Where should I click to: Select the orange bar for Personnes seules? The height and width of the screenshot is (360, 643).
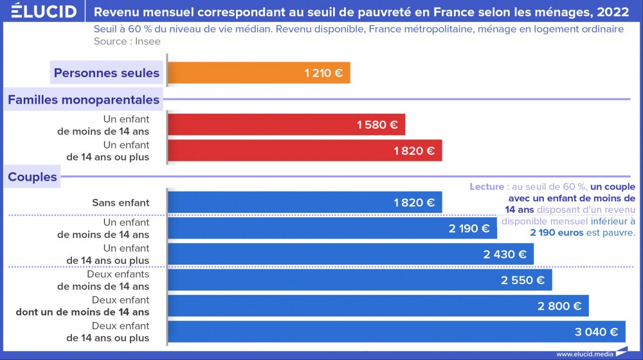coord(257,73)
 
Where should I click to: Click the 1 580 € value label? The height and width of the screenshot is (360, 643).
coord(377,125)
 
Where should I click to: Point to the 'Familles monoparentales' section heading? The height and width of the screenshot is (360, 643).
coord(83,100)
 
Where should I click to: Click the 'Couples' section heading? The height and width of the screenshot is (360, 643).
coord(32,177)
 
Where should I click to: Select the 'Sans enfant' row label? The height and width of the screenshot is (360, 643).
coord(120,203)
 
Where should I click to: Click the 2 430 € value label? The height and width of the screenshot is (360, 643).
coord(505,255)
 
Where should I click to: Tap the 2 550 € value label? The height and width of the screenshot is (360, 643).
coord(523,280)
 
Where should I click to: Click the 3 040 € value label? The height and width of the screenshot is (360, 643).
coord(596,332)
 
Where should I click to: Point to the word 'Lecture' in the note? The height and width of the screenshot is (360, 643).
coord(487,186)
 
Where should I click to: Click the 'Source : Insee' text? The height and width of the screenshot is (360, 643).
coord(127,41)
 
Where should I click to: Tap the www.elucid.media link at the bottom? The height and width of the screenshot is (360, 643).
coord(584,354)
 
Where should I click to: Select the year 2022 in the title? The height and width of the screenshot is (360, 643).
coord(612,12)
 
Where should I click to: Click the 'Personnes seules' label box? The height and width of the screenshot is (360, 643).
coord(106,73)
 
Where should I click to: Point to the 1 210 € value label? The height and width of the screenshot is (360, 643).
coord(324,73)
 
